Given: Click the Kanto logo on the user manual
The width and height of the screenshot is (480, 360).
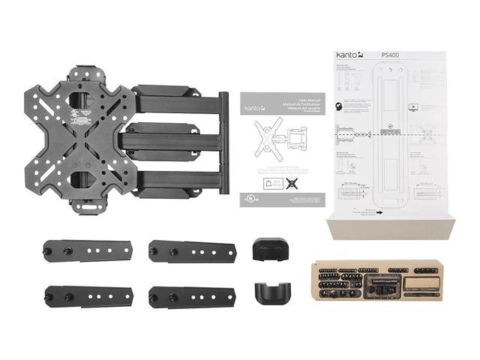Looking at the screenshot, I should click(253, 108).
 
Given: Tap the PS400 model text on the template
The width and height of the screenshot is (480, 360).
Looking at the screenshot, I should click(389, 55).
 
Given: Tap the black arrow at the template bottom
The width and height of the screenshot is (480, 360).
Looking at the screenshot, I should click(381, 211).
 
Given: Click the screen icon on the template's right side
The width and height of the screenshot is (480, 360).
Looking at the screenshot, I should click(413, 106).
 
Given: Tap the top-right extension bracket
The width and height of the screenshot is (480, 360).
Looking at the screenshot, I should click(193, 250).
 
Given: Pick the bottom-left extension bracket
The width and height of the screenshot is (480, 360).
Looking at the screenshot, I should click(88, 296).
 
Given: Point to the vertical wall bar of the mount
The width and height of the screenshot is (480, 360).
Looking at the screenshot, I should click(223, 142).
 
